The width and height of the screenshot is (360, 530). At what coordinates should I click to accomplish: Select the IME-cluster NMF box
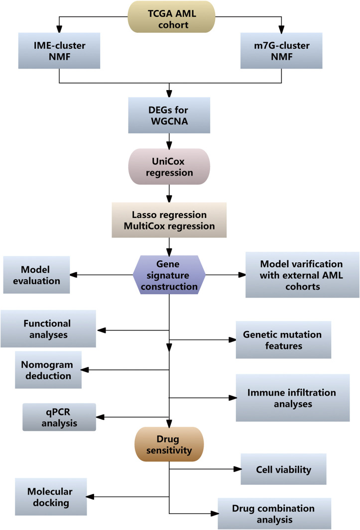(59, 51)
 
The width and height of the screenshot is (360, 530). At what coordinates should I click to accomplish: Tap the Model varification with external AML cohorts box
(302, 274)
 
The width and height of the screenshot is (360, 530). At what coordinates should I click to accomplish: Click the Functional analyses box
(48, 329)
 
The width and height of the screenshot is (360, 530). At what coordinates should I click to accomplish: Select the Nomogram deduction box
(48, 369)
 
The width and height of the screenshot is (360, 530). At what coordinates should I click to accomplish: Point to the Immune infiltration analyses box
(292, 398)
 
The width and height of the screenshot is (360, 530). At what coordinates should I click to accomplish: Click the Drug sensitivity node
(169, 444)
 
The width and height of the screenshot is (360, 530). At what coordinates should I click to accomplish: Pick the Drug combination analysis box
(273, 514)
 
